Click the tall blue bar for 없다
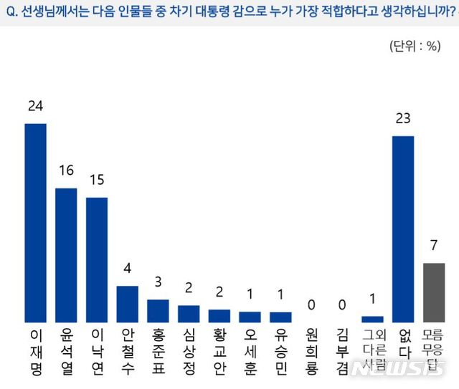(x=403, y=229)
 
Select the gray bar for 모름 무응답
(x=434, y=293)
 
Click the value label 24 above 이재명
(x=35, y=106)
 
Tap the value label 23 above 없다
(x=403, y=118)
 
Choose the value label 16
(x=66, y=171)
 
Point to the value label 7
(x=434, y=245)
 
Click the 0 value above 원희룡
(x=311, y=304)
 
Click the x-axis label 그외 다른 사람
(x=372, y=347)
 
